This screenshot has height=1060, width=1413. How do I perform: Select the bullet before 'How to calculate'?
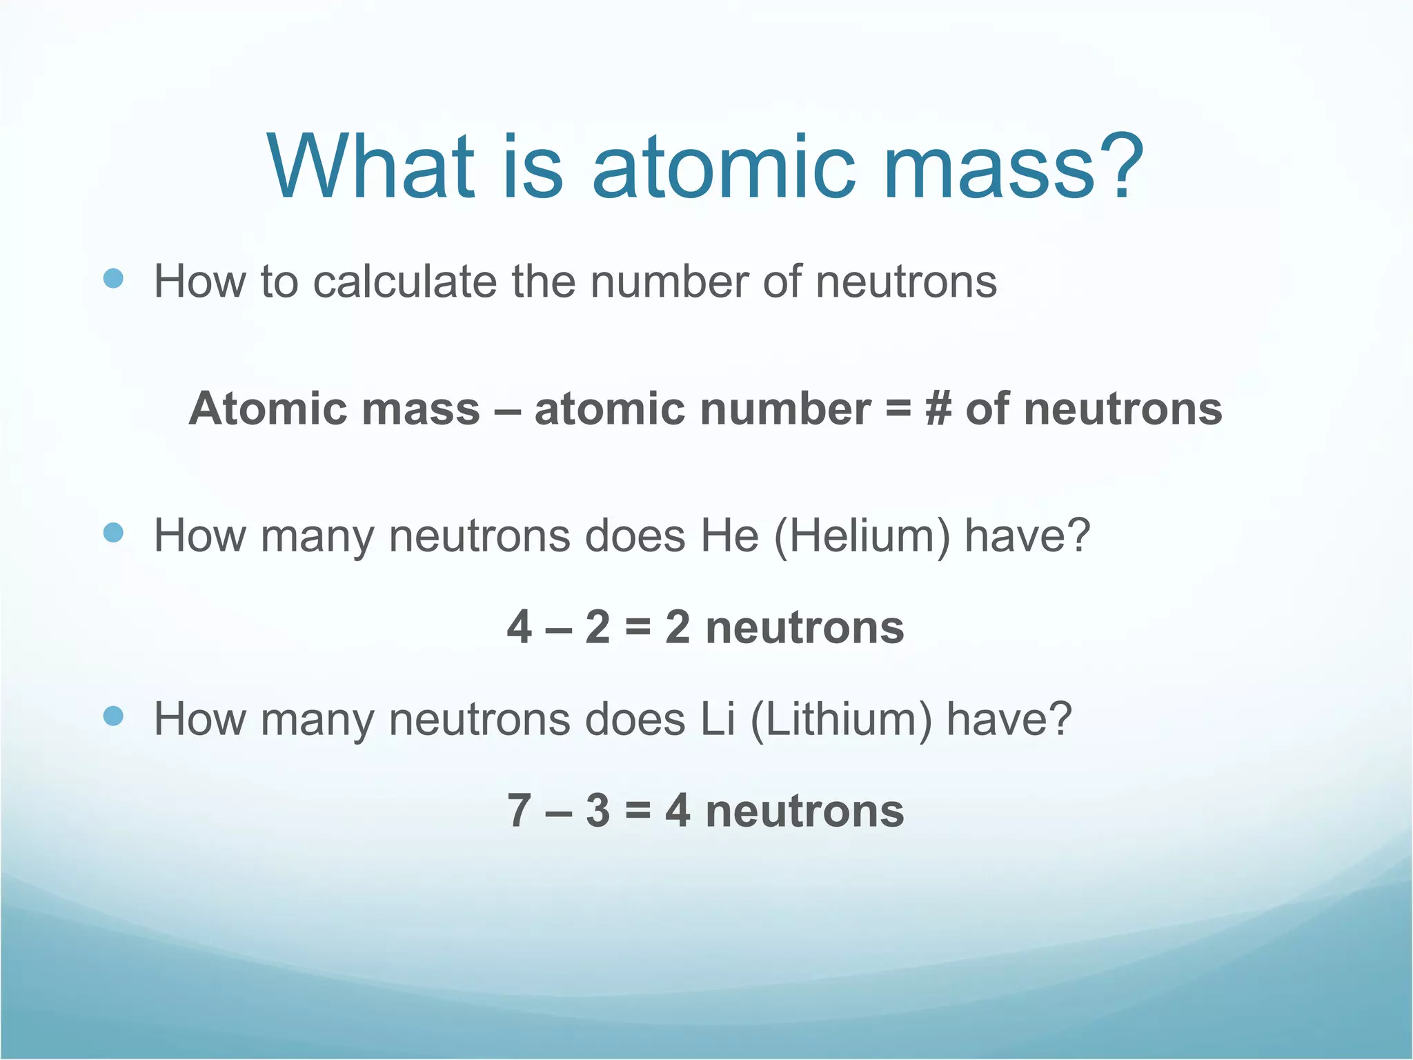point(113,279)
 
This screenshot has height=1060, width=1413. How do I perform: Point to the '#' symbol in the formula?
point(938,409)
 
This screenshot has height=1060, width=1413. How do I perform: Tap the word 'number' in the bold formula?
point(785,409)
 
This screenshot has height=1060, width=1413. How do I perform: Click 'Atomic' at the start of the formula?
point(265,409)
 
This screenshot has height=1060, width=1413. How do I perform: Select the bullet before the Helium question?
point(113,532)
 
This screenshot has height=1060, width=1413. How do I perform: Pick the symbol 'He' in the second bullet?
point(729,536)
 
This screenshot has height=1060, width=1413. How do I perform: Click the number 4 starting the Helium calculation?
point(519,627)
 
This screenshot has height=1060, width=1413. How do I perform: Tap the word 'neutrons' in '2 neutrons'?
point(804,627)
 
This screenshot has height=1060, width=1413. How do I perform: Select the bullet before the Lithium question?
point(113,716)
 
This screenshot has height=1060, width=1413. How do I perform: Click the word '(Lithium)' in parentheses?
point(840,719)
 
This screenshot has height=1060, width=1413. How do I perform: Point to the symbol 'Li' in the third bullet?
point(718,719)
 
